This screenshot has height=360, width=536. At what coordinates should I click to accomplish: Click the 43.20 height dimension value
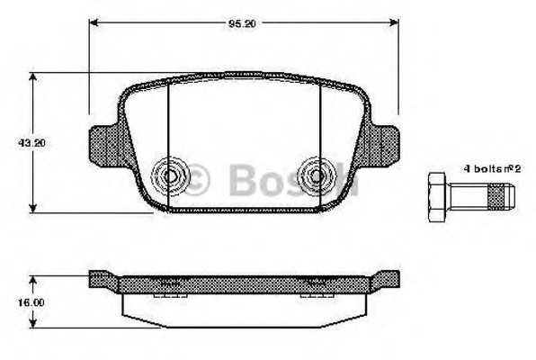[17, 143]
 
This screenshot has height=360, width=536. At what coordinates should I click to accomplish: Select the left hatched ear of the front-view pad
[106, 144]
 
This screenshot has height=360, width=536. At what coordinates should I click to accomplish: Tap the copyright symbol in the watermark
[197, 181]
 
